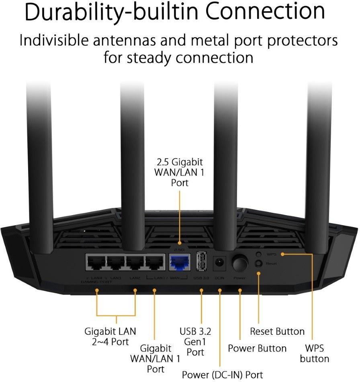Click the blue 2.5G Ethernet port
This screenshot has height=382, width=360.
(x=180, y=263)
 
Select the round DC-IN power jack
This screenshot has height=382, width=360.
(x=219, y=263)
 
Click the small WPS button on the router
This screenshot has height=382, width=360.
(x=259, y=254)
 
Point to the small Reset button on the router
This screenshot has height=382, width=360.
(x=259, y=263)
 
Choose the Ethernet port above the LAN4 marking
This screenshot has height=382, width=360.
(x=96, y=263)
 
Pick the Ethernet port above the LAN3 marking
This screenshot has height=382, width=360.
(x=116, y=263)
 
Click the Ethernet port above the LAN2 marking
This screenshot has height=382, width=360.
(x=136, y=263)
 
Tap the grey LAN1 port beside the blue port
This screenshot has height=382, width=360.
(x=156, y=263)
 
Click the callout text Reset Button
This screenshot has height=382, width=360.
(x=277, y=331)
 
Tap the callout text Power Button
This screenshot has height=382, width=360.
(x=257, y=348)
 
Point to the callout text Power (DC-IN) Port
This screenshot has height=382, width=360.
(x=223, y=374)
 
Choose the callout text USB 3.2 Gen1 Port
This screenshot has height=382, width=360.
(x=195, y=342)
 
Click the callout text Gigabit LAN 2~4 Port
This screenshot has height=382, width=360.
(x=110, y=337)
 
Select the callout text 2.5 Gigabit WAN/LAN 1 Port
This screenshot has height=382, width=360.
(x=180, y=172)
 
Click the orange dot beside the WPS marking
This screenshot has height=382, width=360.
(x=282, y=254)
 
